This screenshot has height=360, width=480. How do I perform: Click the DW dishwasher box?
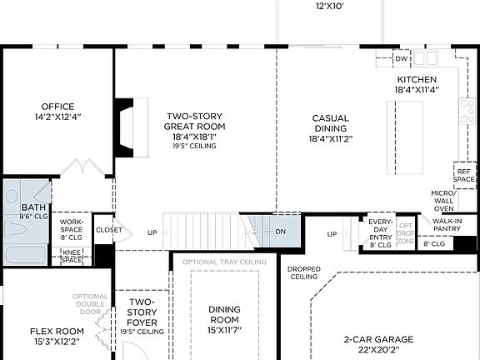[x=402, y=59]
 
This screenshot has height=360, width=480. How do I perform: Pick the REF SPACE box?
[x=463, y=175]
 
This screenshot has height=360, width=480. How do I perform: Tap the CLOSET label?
[x=108, y=230]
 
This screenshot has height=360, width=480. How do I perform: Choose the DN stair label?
[x=281, y=232]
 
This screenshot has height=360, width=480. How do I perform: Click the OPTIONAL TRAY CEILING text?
[x=223, y=262]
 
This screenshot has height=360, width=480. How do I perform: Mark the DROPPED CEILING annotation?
[x=304, y=273]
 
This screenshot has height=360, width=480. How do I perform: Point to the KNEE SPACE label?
[x=72, y=256]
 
